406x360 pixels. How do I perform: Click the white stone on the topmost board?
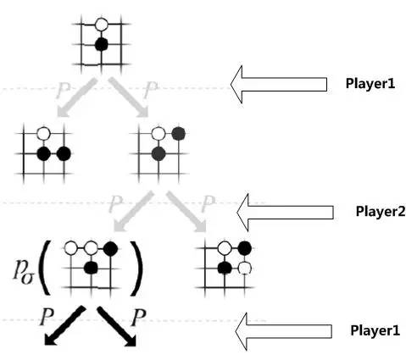[x=101, y=25]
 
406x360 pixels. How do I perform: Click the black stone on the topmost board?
[x=101, y=44]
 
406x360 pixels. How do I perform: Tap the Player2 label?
[x=381, y=211]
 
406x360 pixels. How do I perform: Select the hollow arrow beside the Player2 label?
[x=285, y=213]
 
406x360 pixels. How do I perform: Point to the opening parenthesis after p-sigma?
[x=45, y=268]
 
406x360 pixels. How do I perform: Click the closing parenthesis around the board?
[x=136, y=268]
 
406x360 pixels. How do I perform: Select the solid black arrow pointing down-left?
[x=65, y=326]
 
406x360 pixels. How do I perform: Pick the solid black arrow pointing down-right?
[x=117, y=326]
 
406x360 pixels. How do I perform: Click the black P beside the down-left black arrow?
[x=47, y=317]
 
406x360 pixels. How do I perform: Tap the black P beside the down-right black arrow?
[x=139, y=318]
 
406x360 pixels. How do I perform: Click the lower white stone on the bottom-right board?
[x=245, y=268]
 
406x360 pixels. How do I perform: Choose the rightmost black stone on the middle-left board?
[x=64, y=154]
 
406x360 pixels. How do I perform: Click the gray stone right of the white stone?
[x=178, y=134]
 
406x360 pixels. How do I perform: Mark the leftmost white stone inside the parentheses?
[x=70, y=248]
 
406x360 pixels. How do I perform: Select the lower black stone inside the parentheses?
[x=91, y=268]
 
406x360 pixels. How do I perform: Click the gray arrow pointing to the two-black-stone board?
[x=75, y=97]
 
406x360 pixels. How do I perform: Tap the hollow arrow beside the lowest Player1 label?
[x=283, y=331]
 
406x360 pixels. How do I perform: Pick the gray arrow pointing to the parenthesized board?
[x=133, y=211]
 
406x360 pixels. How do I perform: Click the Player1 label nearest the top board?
[x=370, y=83]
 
